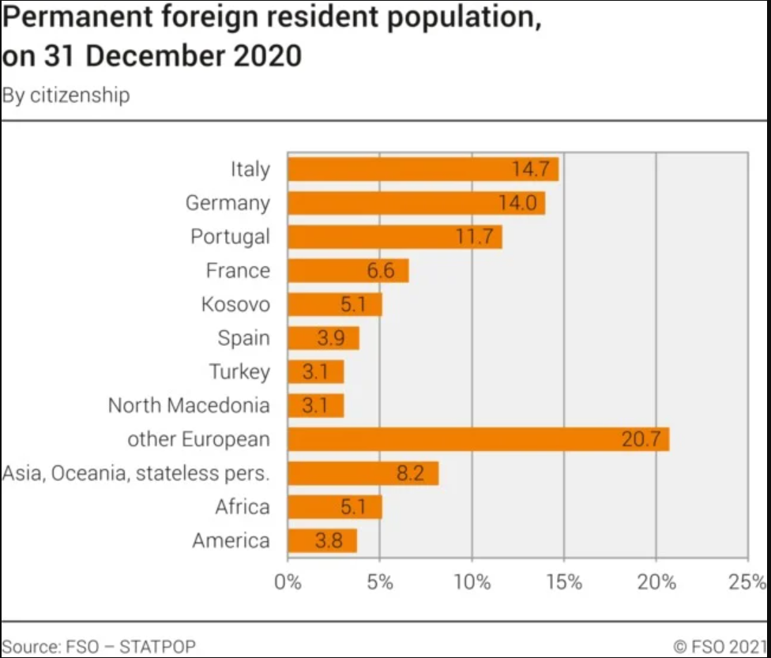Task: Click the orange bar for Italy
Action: point(423,169)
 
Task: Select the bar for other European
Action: point(478,439)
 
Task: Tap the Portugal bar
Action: point(394,237)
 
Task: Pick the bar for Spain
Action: point(323,338)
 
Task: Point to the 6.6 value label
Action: point(380,271)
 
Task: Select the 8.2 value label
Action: point(410,473)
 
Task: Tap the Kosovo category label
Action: point(235,304)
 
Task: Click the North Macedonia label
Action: point(189,405)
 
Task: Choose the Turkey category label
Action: point(239,371)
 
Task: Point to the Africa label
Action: point(243,507)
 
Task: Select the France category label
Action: point(238,271)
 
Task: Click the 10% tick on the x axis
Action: point(472,583)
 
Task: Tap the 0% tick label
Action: point(288,583)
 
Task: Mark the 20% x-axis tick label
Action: point(656,583)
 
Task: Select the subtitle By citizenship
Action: point(66,96)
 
